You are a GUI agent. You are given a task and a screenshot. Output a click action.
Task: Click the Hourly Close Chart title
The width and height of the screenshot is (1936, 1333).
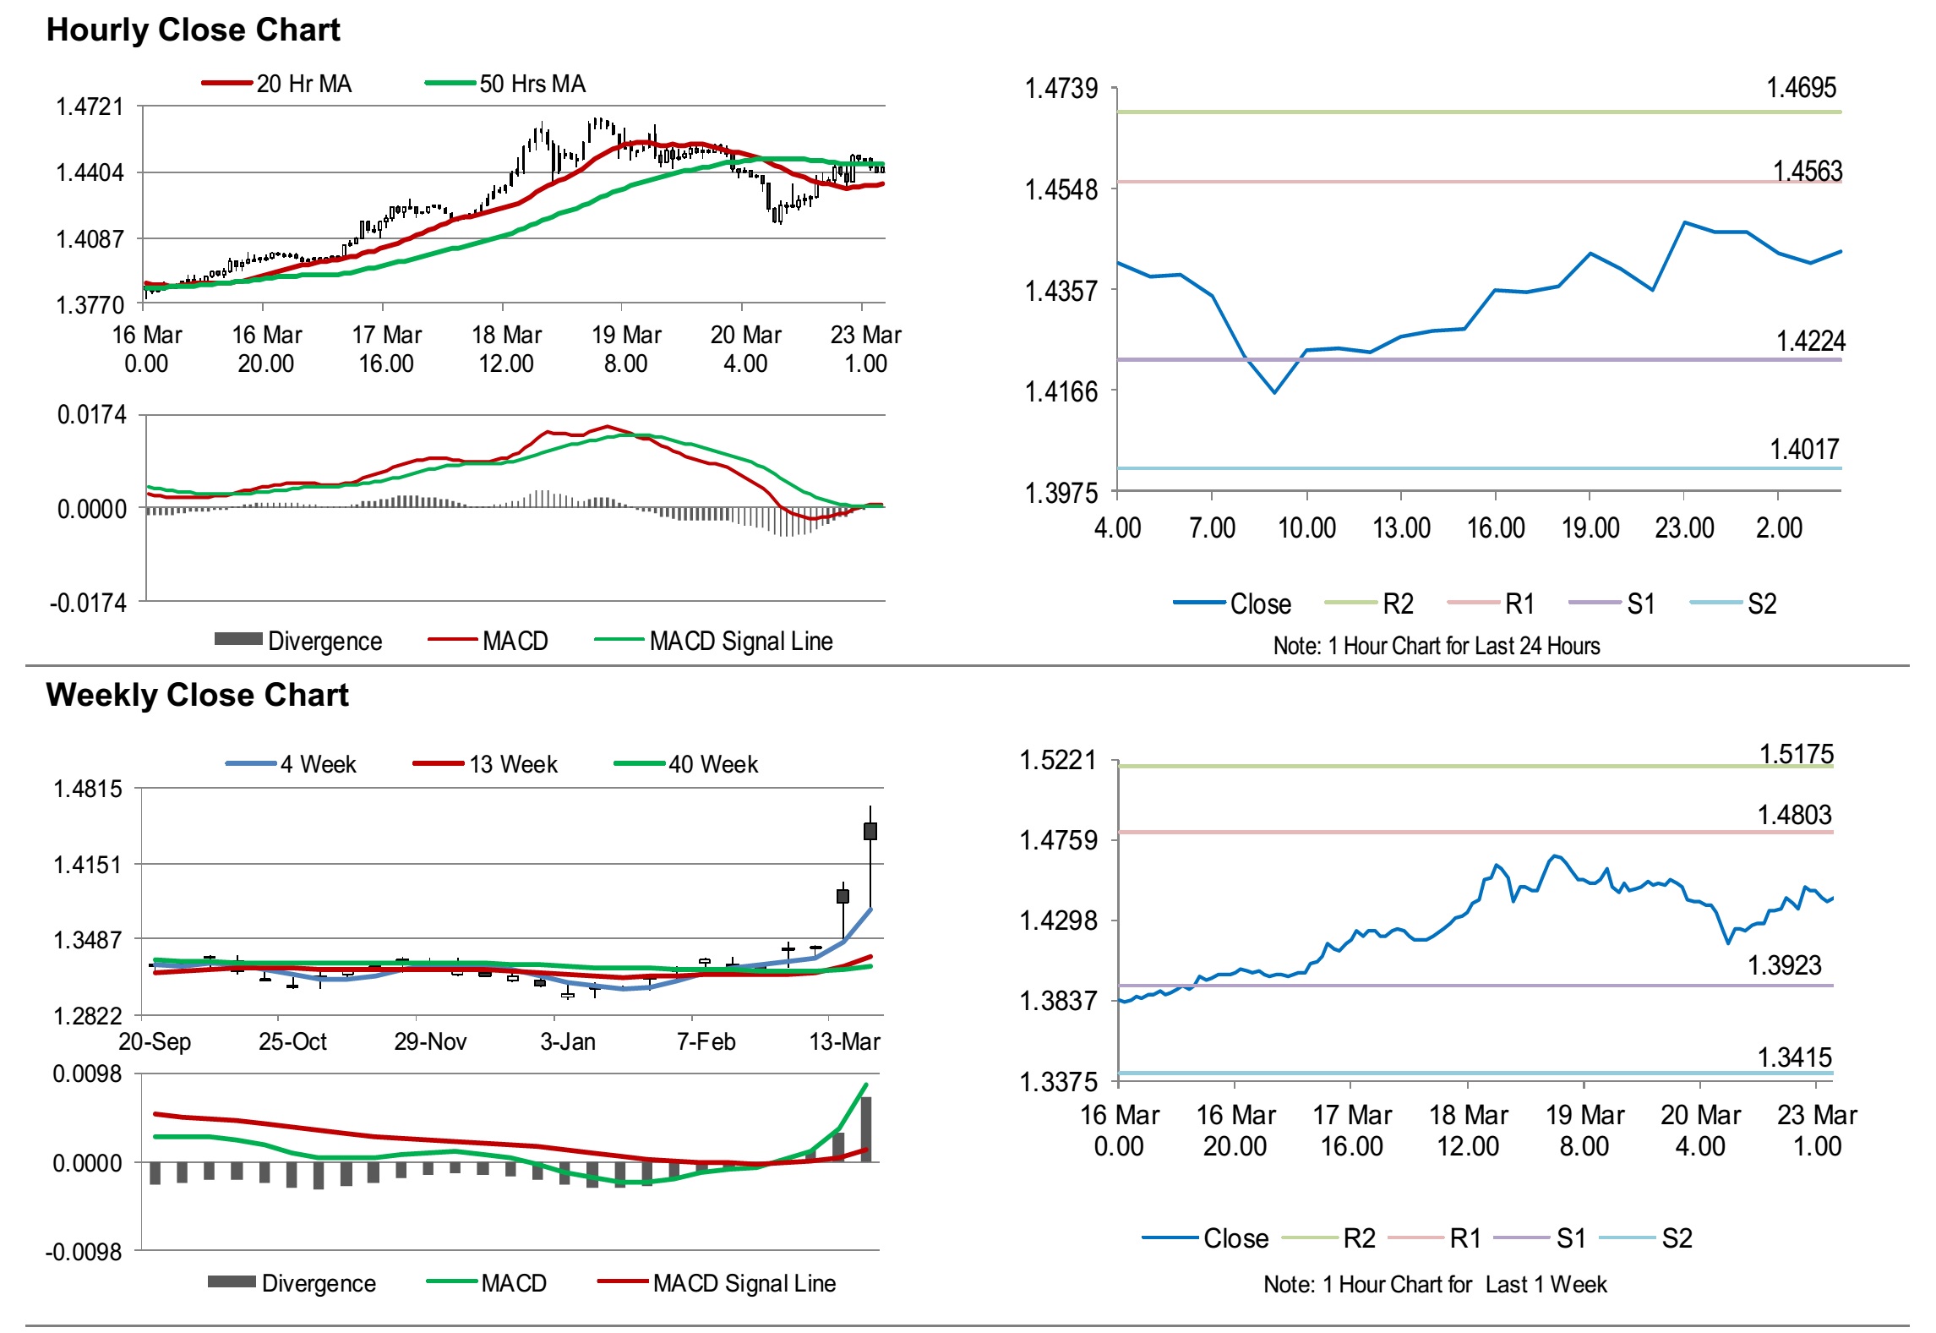point(193,30)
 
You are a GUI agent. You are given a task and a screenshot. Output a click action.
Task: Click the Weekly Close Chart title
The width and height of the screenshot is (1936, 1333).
point(197,695)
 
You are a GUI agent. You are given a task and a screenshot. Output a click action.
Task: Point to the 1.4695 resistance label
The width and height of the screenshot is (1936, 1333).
point(1801,87)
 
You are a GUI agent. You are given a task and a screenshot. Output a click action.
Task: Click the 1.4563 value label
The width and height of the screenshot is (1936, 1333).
point(1807,171)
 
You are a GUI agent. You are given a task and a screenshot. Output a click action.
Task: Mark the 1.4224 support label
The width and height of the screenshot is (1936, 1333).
point(1810,341)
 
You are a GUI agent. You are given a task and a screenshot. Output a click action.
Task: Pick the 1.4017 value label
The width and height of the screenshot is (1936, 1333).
point(1804,449)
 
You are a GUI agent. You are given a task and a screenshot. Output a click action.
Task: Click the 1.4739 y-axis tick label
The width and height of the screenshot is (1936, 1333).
point(1061,88)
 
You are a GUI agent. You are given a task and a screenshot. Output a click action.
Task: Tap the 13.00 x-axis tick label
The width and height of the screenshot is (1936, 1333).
point(1401,528)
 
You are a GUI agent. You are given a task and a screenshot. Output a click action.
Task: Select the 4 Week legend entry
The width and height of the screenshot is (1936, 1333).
point(318,764)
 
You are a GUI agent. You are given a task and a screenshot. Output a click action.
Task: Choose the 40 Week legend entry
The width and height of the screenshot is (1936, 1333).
point(712,764)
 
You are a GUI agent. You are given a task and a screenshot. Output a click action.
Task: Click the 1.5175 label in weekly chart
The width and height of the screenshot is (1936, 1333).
point(1796,753)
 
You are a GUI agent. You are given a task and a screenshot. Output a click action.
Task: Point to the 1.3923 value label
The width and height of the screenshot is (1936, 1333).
point(1784,965)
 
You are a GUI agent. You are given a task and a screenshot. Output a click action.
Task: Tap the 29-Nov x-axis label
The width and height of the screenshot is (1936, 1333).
point(430,1041)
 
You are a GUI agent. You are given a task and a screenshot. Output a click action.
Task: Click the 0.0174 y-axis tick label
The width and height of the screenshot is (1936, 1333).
point(91,414)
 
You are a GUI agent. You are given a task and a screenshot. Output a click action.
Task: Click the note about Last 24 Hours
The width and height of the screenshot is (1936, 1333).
point(1436,646)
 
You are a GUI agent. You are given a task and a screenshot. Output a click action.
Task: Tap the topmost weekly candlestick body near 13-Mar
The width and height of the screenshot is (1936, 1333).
point(870,831)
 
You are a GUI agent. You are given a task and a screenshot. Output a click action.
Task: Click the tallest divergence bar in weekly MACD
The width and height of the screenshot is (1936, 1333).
point(865,1129)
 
